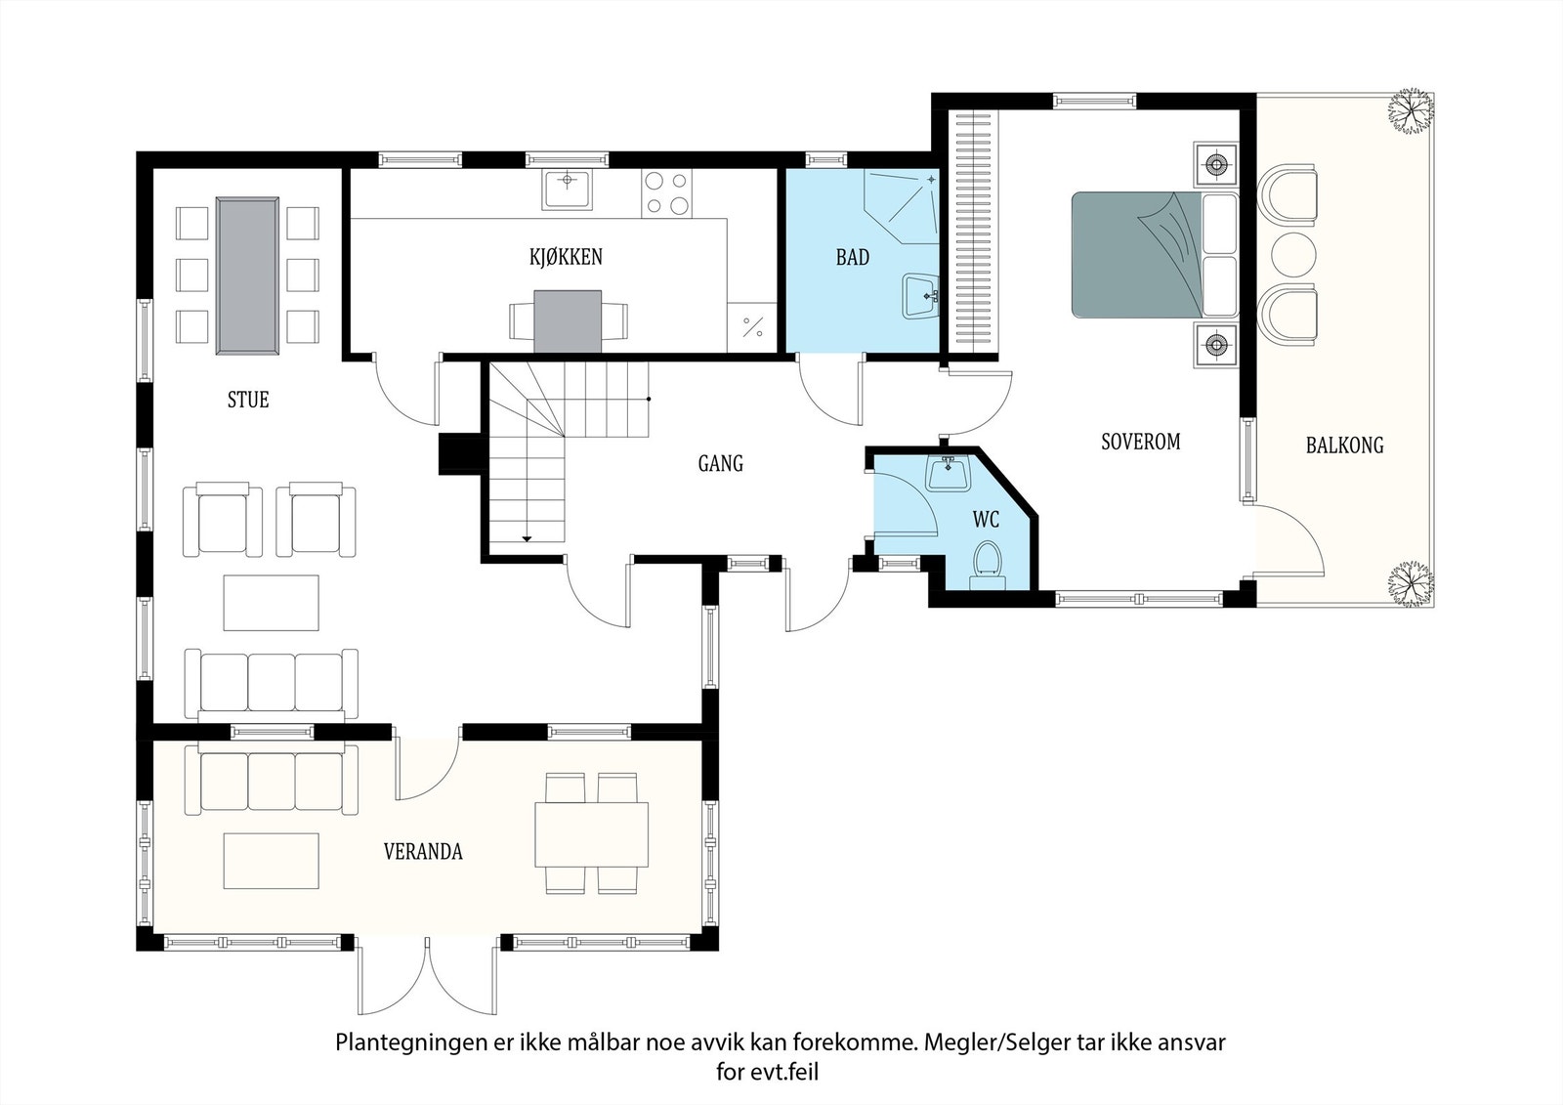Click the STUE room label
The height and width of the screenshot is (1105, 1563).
coord(248,400)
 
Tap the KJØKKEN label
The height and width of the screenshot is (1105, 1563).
coord(566,257)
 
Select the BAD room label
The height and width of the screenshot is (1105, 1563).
coord(853,258)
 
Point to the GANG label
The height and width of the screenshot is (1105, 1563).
coord(721,463)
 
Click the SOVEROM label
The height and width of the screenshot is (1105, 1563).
coord(1141,442)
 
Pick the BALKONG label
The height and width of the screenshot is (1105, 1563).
coord(1344,446)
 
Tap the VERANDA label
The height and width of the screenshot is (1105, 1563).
coord(423,852)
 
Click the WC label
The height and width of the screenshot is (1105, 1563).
coord(986,520)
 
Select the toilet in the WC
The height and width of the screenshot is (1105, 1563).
coord(988,566)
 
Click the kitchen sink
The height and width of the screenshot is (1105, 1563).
coord(568,189)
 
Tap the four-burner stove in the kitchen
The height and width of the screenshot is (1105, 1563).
coord(666,193)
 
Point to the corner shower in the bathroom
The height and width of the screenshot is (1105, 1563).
coord(903,206)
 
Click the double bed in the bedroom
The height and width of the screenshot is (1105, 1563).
coord(1154,255)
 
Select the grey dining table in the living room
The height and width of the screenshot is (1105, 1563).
coord(248,276)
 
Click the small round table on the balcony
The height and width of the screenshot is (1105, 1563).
coord(1293,255)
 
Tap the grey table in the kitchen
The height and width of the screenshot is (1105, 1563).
coord(568,321)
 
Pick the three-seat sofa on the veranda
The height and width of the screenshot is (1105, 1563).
coord(272,779)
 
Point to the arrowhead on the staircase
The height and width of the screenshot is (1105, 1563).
coord(527,539)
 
